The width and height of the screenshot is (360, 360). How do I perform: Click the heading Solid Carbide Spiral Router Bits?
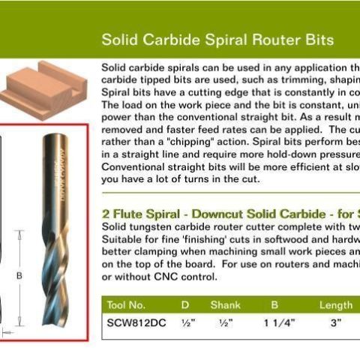pyautogui.click(x=217, y=39)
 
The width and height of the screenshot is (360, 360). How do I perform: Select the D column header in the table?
pyautogui.click(x=185, y=305)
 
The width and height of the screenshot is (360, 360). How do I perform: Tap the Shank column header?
pyautogui.click(x=225, y=305)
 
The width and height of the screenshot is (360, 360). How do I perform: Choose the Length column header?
pyautogui.click(x=335, y=305)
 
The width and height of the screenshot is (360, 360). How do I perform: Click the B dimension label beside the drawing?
pyautogui.click(x=19, y=276)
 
